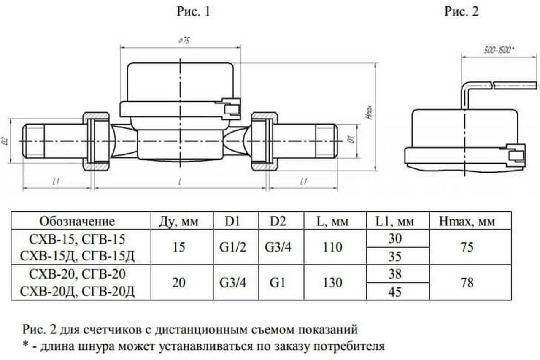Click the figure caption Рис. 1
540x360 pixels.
pyautogui.click(x=193, y=12)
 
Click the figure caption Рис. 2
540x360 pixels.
pyautogui.click(x=462, y=12)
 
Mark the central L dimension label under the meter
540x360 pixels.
pyautogui.click(x=180, y=182)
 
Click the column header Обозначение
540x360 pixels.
pyautogui.click(x=77, y=222)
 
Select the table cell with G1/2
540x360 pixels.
pyautogui.click(x=233, y=247)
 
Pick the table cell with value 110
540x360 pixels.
pyautogui.click(x=332, y=247)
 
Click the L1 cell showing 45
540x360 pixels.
pyautogui.click(x=394, y=291)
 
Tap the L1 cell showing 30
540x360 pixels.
pyautogui.click(x=394, y=238)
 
